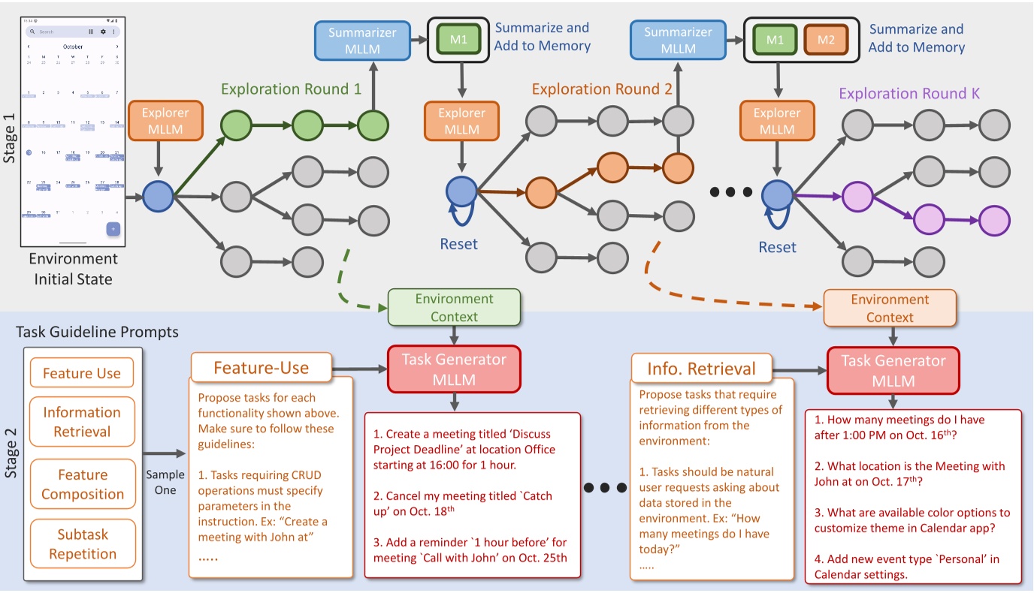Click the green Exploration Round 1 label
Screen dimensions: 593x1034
pos(292,89)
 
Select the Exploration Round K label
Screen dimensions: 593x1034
pos(909,94)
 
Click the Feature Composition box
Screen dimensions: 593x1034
pos(83,484)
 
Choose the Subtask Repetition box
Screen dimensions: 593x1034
pos(83,544)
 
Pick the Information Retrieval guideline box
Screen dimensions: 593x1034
pos(82,422)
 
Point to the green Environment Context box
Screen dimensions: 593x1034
pos(454,308)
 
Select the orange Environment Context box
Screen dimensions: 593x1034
pos(890,308)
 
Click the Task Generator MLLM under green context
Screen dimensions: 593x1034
pos(454,369)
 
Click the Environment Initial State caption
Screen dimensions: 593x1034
pos(73,269)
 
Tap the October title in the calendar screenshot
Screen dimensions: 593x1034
pos(73,47)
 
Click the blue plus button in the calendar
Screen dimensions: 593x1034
pos(113,229)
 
